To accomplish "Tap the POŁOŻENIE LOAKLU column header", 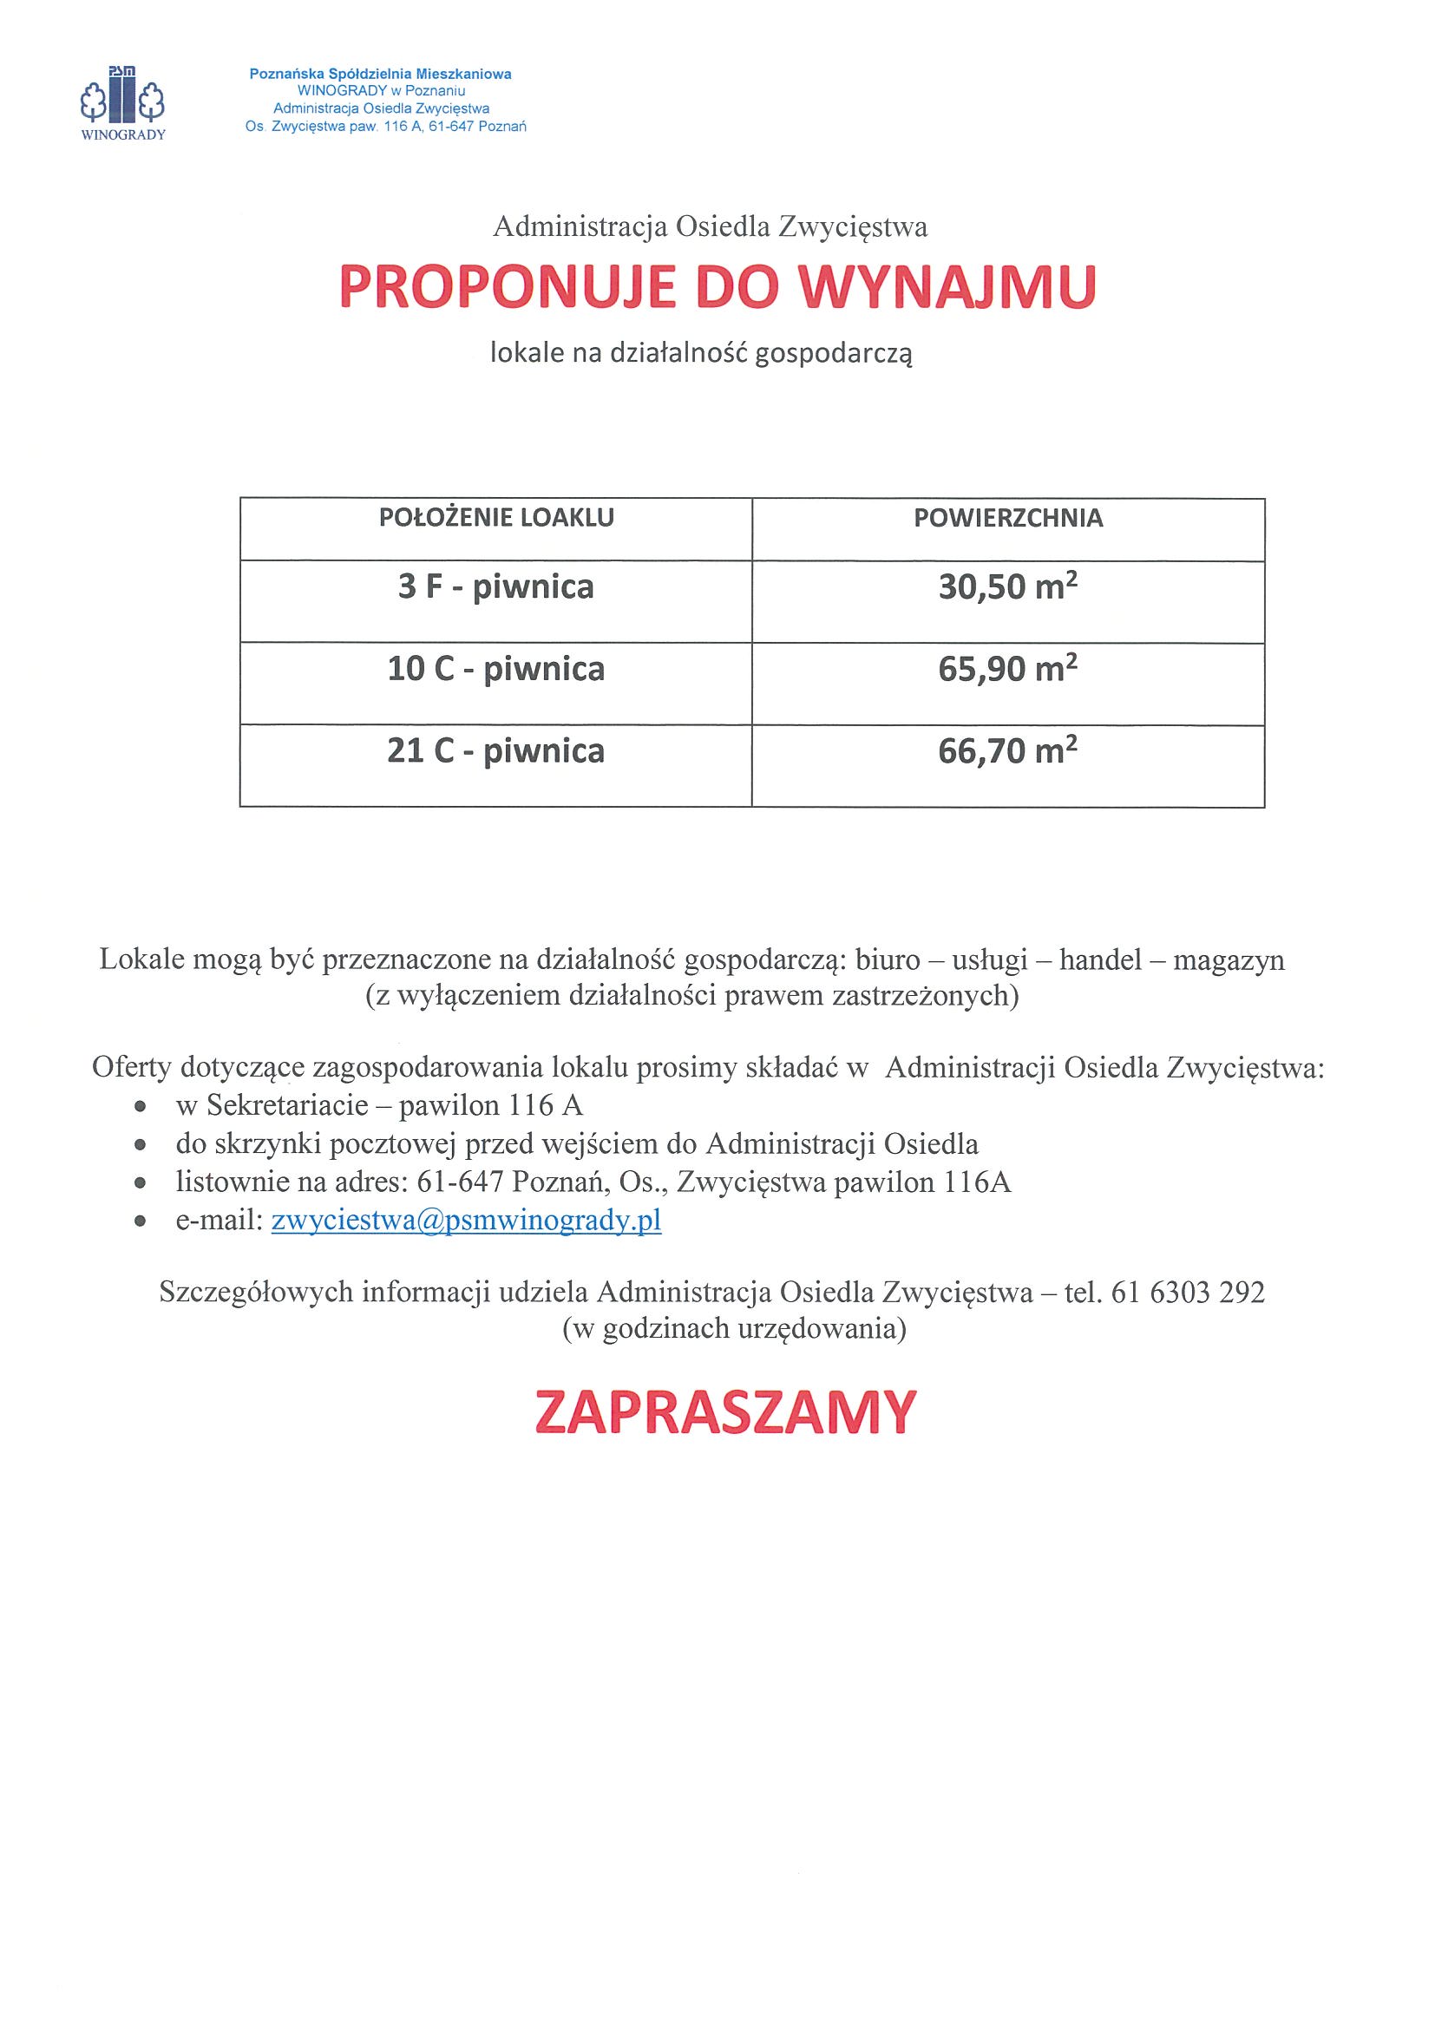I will [496, 518].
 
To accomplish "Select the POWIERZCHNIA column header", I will [1008, 518].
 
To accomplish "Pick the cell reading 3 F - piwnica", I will [496, 587].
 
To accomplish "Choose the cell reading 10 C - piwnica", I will [496, 670].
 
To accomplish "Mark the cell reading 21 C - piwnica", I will [496, 751].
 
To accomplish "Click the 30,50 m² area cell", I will [1008, 587].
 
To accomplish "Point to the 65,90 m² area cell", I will [1008, 670].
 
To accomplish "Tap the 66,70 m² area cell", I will [1008, 751].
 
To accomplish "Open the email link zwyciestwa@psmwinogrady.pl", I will [466, 1221].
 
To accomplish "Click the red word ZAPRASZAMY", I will [725, 1413].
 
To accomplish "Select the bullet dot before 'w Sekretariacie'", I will [140, 1106].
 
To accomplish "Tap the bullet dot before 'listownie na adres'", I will [140, 1183].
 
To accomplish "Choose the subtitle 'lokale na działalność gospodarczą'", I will [701, 354].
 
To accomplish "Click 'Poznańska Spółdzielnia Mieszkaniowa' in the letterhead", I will [380, 75].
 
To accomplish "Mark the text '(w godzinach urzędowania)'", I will [734, 1329].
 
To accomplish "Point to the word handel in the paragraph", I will [1101, 960].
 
